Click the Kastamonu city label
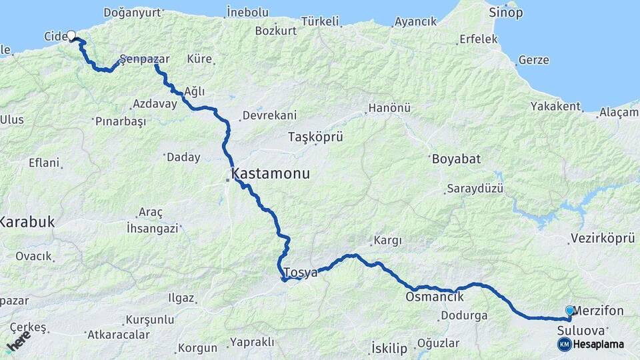click(271, 175)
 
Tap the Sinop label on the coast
click(506, 13)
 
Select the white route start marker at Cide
click(71, 36)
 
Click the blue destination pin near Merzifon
click(569, 311)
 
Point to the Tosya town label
click(300, 273)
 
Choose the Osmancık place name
click(434, 297)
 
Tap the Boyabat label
click(456, 159)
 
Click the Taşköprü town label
click(315, 137)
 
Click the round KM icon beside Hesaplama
click(564, 344)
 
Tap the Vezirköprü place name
click(602, 239)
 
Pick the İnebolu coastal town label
click(247, 12)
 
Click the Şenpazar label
click(145, 59)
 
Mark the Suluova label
click(581, 330)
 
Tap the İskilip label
click(387, 347)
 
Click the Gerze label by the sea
click(533, 60)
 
